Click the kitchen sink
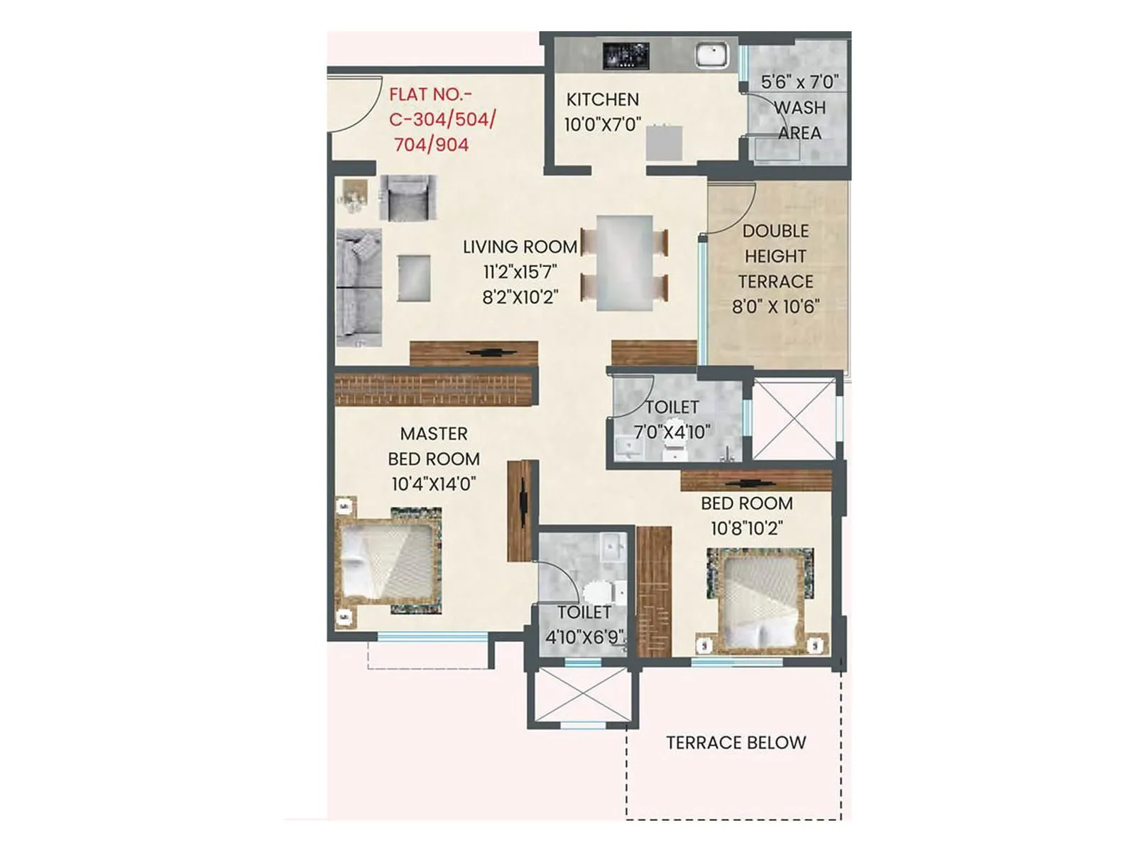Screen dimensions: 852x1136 coord(711,55)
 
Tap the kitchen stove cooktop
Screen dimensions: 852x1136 coord(626,55)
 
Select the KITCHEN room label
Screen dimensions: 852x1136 coord(602,99)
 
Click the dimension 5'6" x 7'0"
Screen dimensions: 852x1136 coord(799,82)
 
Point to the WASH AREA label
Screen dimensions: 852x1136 coord(799,120)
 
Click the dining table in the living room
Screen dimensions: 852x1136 coord(624,262)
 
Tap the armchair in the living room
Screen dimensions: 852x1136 coord(408,198)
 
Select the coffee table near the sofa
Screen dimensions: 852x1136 coord(414,278)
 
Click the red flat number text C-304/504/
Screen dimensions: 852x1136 coord(442,119)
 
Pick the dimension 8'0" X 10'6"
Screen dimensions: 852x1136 coord(775,306)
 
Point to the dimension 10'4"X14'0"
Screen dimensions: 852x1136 coord(433,484)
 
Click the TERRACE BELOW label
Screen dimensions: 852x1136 coord(736,743)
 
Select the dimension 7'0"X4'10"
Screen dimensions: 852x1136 coord(672,431)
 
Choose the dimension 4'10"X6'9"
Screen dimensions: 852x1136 coord(584,636)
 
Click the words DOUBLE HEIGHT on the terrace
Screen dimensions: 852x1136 coord(775,244)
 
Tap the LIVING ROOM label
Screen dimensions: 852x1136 coord(520,246)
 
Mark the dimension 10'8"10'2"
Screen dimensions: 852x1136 coord(746,528)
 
